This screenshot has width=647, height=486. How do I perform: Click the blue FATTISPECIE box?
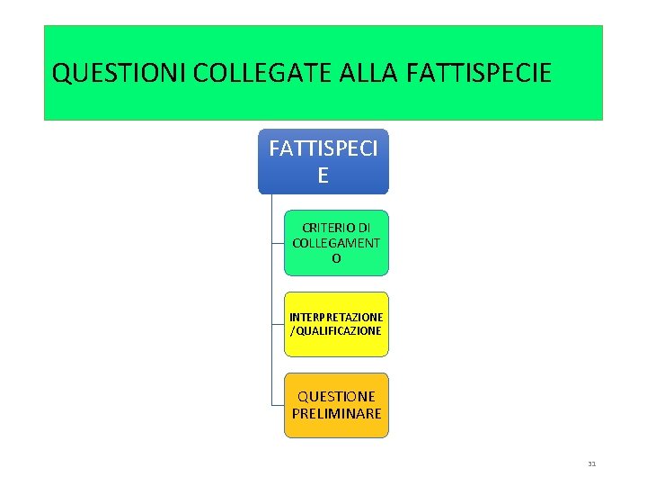(323, 161)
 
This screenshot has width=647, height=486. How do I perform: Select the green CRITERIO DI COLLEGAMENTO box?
(336, 243)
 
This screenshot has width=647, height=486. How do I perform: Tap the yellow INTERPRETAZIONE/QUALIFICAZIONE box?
(336, 324)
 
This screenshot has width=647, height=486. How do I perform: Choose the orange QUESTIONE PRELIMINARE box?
(336, 405)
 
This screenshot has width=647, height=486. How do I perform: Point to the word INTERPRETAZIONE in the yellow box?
(336, 317)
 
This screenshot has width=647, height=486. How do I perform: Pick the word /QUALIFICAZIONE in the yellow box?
(336, 331)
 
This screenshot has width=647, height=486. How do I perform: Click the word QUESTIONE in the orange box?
(336, 396)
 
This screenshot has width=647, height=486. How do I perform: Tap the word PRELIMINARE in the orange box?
(336, 414)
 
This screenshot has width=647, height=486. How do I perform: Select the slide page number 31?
(591, 464)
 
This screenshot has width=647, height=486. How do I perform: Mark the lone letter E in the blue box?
(323, 175)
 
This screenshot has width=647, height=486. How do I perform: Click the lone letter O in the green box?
(336, 259)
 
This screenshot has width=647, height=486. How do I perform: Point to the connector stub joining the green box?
(278, 243)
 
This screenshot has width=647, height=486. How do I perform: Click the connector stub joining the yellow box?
(278, 324)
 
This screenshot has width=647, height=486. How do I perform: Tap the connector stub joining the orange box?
(278, 405)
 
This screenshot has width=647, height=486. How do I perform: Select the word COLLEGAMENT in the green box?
(336, 243)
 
